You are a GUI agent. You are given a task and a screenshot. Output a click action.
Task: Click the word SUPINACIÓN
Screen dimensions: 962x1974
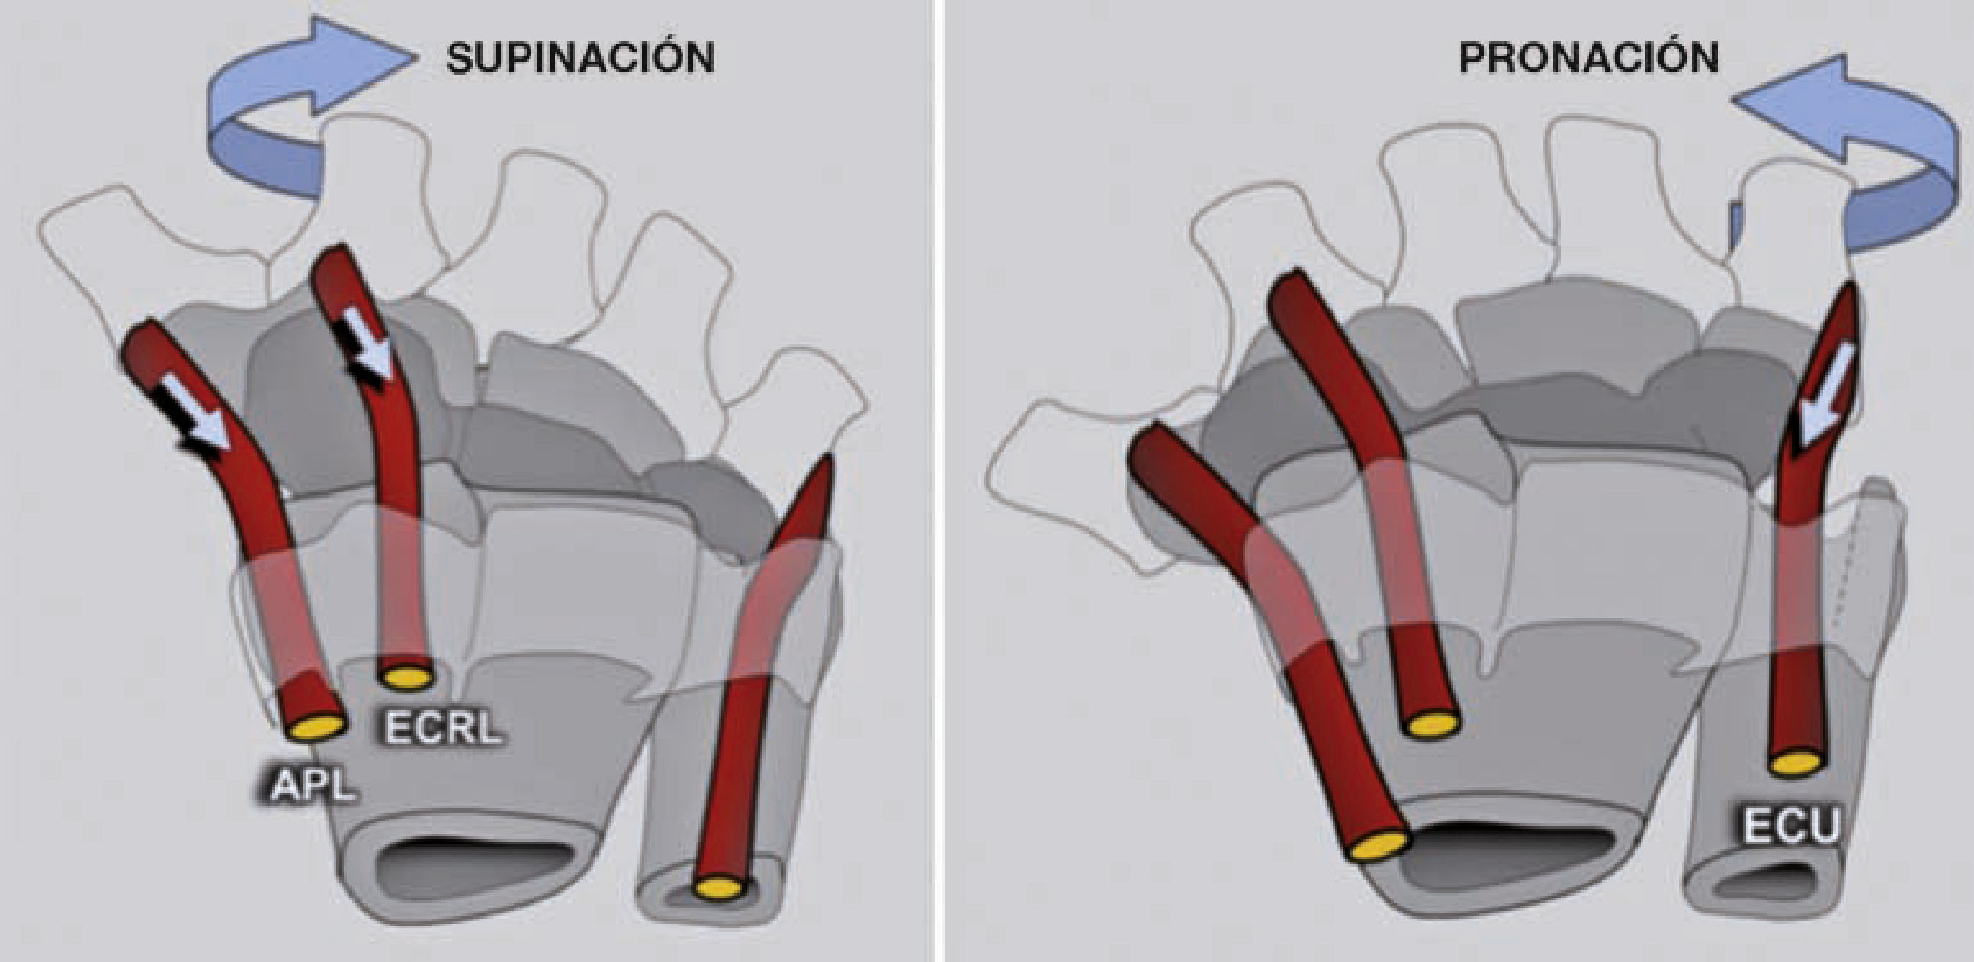click(580, 59)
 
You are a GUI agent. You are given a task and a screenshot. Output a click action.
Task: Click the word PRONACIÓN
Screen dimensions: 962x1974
click(1588, 58)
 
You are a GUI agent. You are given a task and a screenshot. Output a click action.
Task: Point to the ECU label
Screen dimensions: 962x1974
click(1792, 826)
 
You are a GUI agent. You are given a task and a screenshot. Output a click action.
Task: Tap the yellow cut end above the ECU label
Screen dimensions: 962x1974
click(1796, 764)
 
